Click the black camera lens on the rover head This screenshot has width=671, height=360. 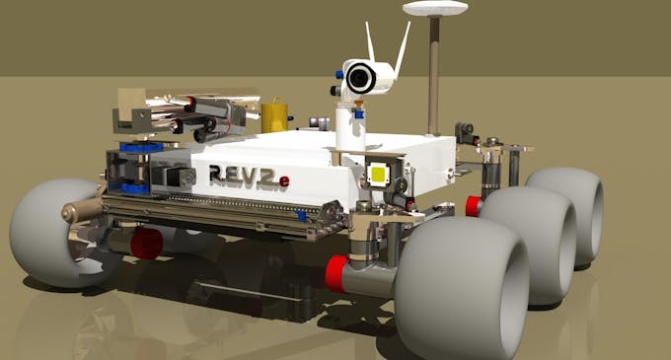(x=361, y=78)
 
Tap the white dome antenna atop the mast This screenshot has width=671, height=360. (x=435, y=8)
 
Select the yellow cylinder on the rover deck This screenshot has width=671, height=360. (x=274, y=116)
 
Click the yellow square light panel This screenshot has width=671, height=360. (x=379, y=174)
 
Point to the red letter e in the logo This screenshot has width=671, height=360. (x=284, y=181)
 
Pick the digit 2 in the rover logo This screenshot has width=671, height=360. (x=264, y=177)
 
